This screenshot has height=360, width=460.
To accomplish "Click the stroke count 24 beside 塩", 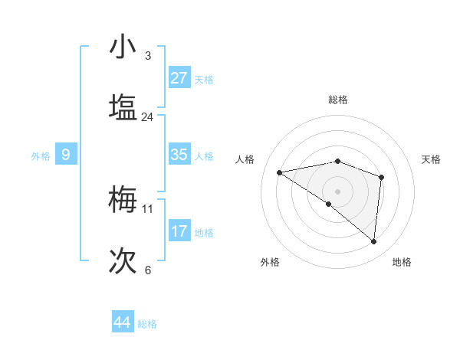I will tap(148, 117).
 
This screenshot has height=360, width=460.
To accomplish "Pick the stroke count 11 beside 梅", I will tap(148, 208).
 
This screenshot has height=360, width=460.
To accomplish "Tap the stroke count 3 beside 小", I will tap(148, 56).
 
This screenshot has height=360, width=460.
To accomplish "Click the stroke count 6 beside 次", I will tap(148, 270).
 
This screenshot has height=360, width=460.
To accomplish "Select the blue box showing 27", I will tap(179, 78).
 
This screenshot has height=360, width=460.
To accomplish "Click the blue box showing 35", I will tap(179, 155).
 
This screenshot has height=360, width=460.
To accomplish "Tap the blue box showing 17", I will tap(179, 231).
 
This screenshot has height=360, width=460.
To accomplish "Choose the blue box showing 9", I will tap(66, 155).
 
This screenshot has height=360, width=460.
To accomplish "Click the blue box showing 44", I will tap(122, 322).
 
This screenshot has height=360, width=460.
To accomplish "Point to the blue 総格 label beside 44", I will tap(147, 324).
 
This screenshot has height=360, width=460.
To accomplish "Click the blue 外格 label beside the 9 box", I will tap(41, 156).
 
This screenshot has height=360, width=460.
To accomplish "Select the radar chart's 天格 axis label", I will tap(432, 159).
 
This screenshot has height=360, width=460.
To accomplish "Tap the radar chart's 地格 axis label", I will tap(402, 262).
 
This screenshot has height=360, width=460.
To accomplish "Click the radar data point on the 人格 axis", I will tap(280, 172).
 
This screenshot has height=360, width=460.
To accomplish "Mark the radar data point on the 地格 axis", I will tap(373, 242).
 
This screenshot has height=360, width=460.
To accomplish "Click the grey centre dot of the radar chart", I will tap(337, 191).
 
